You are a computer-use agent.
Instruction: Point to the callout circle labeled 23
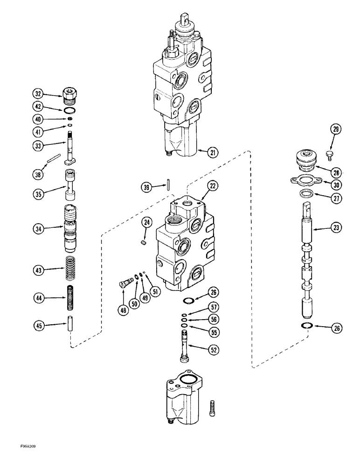[x=335, y=229]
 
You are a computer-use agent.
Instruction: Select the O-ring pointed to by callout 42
[x=70, y=111]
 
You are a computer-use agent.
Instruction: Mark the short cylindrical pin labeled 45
[x=70, y=325]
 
